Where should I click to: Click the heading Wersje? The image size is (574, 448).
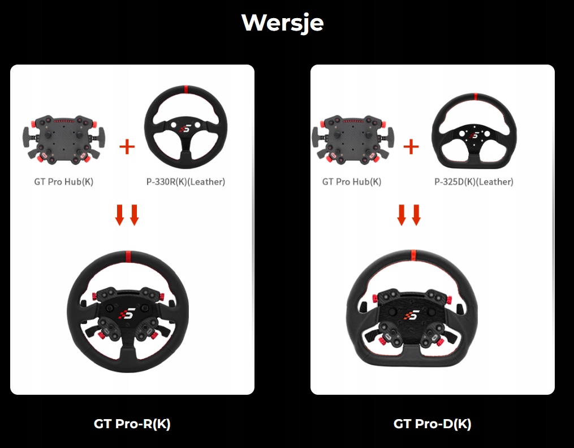tap(282, 23)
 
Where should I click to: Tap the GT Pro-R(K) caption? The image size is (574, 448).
tap(132, 424)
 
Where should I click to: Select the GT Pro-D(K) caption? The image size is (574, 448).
tap(432, 424)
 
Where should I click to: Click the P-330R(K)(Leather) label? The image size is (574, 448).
tap(185, 182)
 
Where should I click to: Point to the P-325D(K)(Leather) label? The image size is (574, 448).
tap(473, 182)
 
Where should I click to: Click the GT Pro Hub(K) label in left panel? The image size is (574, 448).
tap(63, 182)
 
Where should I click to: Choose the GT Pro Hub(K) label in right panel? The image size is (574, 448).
tap(352, 182)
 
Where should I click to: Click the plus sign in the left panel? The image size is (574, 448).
tap(127, 147)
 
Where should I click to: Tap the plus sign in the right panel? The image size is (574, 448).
tap(411, 147)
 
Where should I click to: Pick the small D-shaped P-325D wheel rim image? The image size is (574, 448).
tap(474, 131)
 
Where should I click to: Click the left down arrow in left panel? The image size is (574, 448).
tap(119, 215)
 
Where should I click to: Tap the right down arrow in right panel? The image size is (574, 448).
tap(417, 215)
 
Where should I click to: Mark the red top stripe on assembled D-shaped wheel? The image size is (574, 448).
tap(413, 255)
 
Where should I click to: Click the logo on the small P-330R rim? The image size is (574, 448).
tap(184, 130)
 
